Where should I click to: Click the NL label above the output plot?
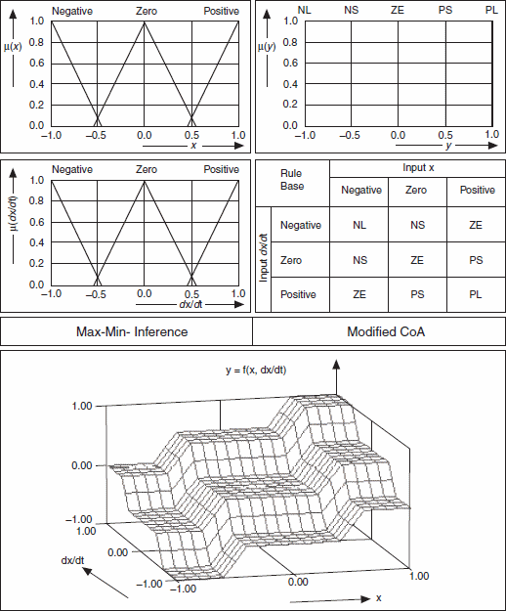coord(305,10)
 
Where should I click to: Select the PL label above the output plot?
coord(491,10)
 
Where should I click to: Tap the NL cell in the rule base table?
coord(359,225)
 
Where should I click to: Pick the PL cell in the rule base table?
coord(476,294)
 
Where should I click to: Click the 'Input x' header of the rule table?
coord(418,168)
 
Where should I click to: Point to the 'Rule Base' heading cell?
coord(292,180)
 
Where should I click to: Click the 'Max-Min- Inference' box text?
coord(132,332)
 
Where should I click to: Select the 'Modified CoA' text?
coord(386,332)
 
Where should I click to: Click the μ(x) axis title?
coord(13,47)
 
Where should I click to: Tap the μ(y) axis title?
coord(267,47)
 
